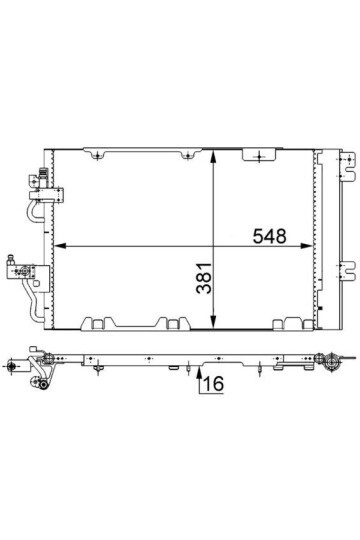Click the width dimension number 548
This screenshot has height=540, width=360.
point(269,236)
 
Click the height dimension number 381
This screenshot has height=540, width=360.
point(204,278)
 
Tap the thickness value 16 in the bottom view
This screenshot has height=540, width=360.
point(214,383)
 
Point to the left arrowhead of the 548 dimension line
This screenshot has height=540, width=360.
point(60,246)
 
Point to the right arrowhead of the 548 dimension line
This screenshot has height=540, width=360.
point(306,246)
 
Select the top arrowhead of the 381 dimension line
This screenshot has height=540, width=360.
point(214,157)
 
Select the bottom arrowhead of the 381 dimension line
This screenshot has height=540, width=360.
point(214,323)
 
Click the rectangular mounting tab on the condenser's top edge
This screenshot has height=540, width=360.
point(259,155)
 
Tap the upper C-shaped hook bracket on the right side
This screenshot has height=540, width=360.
point(347,167)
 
